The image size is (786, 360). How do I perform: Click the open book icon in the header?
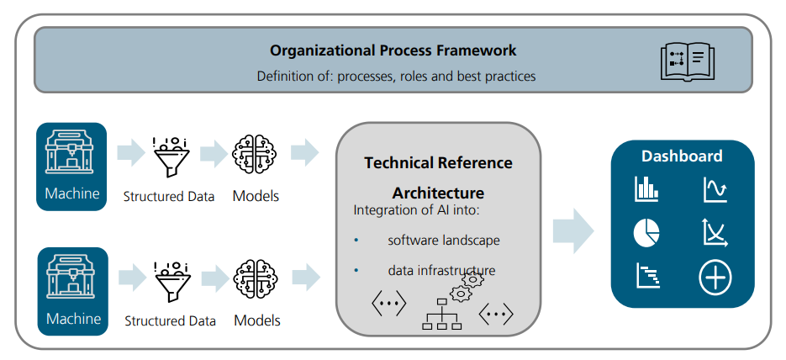pyautogui.click(x=688, y=61)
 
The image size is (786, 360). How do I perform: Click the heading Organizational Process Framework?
pyautogui.click(x=393, y=50)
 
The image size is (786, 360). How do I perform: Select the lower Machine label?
pyautogui.click(x=73, y=319)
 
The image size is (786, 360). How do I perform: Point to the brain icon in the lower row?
pyautogui.click(x=256, y=279)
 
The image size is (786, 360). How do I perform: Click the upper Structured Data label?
pyautogui.click(x=169, y=196)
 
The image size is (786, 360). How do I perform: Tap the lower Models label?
pyautogui.click(x=257, y=320)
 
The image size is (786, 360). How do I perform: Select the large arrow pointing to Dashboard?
pyautogui.click(x=573, y=231)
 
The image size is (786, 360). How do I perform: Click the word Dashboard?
pyautogui.click(x=682, y=156)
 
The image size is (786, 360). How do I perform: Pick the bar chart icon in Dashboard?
pyautogui.click(x=646, y=189)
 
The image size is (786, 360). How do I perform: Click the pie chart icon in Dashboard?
pyautogui.click(x=646, y=233)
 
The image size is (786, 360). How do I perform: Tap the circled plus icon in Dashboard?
pyautogui.click(x=715, y=278)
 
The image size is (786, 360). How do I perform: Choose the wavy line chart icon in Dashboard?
pyautogui.click(x=715, y=189)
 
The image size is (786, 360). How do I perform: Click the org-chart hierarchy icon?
pyautogui.click(x=441, y=315)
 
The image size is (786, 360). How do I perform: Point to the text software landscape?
pyautogui.click(x=444, y=241)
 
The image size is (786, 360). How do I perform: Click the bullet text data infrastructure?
pyautogui.click(x=441, y=271)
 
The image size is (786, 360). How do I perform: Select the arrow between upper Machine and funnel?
pyautogui.click(x=131, y=152)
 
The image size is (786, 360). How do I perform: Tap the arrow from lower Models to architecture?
pyautogui.click(x=306, y=278)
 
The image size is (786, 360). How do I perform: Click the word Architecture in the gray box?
pyautogui.click(x=438, y=193)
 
